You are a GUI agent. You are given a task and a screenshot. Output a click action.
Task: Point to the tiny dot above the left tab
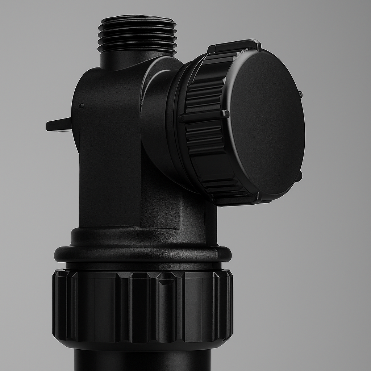coord(82,106)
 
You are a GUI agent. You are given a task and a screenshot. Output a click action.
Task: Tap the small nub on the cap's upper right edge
coord(300,94)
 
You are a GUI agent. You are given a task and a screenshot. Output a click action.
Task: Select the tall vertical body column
coord(109,163)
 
